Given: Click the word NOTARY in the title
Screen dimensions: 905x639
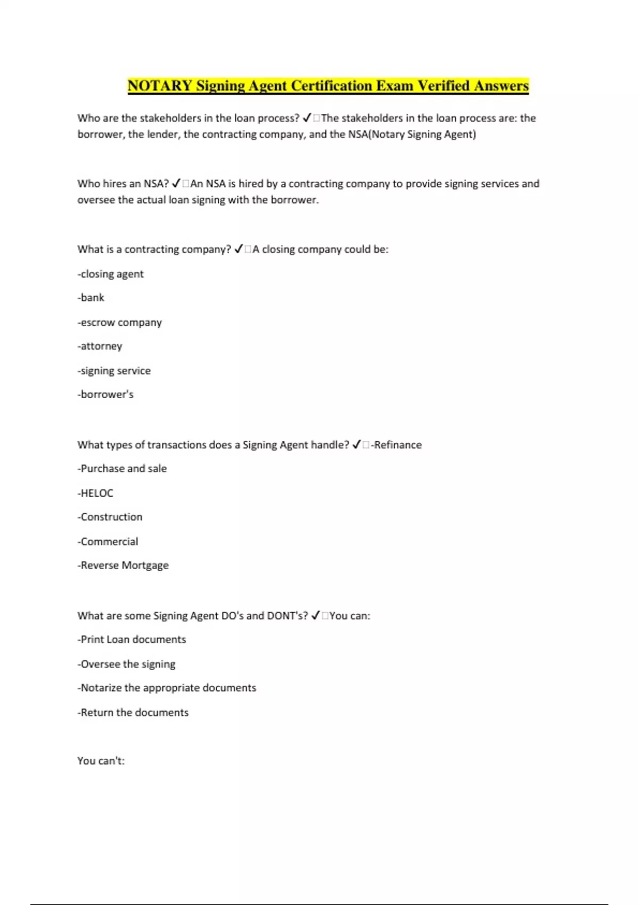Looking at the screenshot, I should tap(160, 86).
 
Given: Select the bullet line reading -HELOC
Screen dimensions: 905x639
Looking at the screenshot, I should tap(95, 493).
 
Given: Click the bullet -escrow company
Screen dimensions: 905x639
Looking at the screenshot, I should tap(120, 322).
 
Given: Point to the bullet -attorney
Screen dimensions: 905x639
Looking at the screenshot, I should tap(100, 346).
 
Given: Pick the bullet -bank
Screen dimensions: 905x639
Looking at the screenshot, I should tap(91, 298).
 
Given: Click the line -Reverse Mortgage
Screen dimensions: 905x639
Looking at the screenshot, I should tap(123, 565).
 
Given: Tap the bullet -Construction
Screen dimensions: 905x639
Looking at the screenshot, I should tap(110, 517).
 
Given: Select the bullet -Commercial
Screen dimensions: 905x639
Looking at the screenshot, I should tap(108, 541).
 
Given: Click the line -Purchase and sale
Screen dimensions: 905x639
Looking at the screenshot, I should tap(122, 468).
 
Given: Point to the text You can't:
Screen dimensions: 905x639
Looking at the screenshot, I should tap(101, 761).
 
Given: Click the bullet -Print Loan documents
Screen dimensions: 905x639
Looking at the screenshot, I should tap(132, 639).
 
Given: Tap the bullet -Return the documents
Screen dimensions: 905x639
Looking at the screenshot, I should tap(133, 712).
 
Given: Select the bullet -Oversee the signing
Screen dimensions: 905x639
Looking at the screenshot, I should tap(127, 664).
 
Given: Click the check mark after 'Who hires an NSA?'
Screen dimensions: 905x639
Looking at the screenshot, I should tap(177, 184).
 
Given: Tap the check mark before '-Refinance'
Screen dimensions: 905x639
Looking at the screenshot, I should tap(357, 445).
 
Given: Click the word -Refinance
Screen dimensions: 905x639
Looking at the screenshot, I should tap(396, 445).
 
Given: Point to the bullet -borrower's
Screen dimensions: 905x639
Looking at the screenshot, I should tap(105, 394).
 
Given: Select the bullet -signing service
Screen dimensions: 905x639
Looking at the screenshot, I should tap(114, 371).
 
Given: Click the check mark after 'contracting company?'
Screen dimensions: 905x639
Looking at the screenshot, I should tap(239, 249).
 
